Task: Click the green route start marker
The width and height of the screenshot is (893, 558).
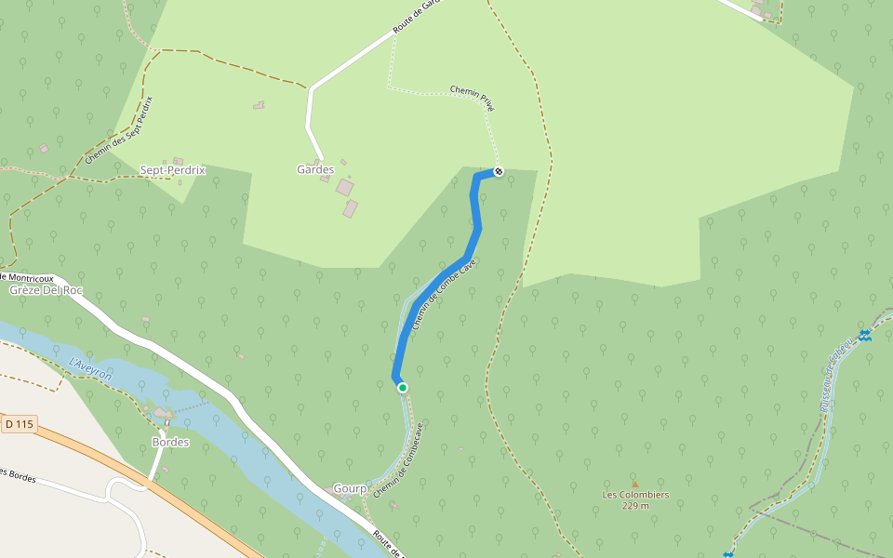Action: point(402,387)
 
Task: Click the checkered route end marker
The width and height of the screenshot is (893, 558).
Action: point(499,171)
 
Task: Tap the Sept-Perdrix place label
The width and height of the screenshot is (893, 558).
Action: point(172,171)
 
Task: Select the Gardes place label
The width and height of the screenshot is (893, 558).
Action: point(315,170)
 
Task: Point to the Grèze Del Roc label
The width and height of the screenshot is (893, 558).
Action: point(46,290)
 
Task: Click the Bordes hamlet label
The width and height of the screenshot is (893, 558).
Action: point(170,443)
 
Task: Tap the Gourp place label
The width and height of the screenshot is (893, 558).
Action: point(351,488)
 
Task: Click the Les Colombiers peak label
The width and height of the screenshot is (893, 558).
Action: point(635,495)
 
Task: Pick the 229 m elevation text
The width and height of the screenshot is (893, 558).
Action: point(635,506)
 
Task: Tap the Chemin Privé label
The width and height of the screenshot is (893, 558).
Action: point(473,98)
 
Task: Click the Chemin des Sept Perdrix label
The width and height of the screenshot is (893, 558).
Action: point(118,129)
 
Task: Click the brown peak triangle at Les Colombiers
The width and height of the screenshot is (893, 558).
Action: point(635,484)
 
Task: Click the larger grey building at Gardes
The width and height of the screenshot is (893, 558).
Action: point(345,188)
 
